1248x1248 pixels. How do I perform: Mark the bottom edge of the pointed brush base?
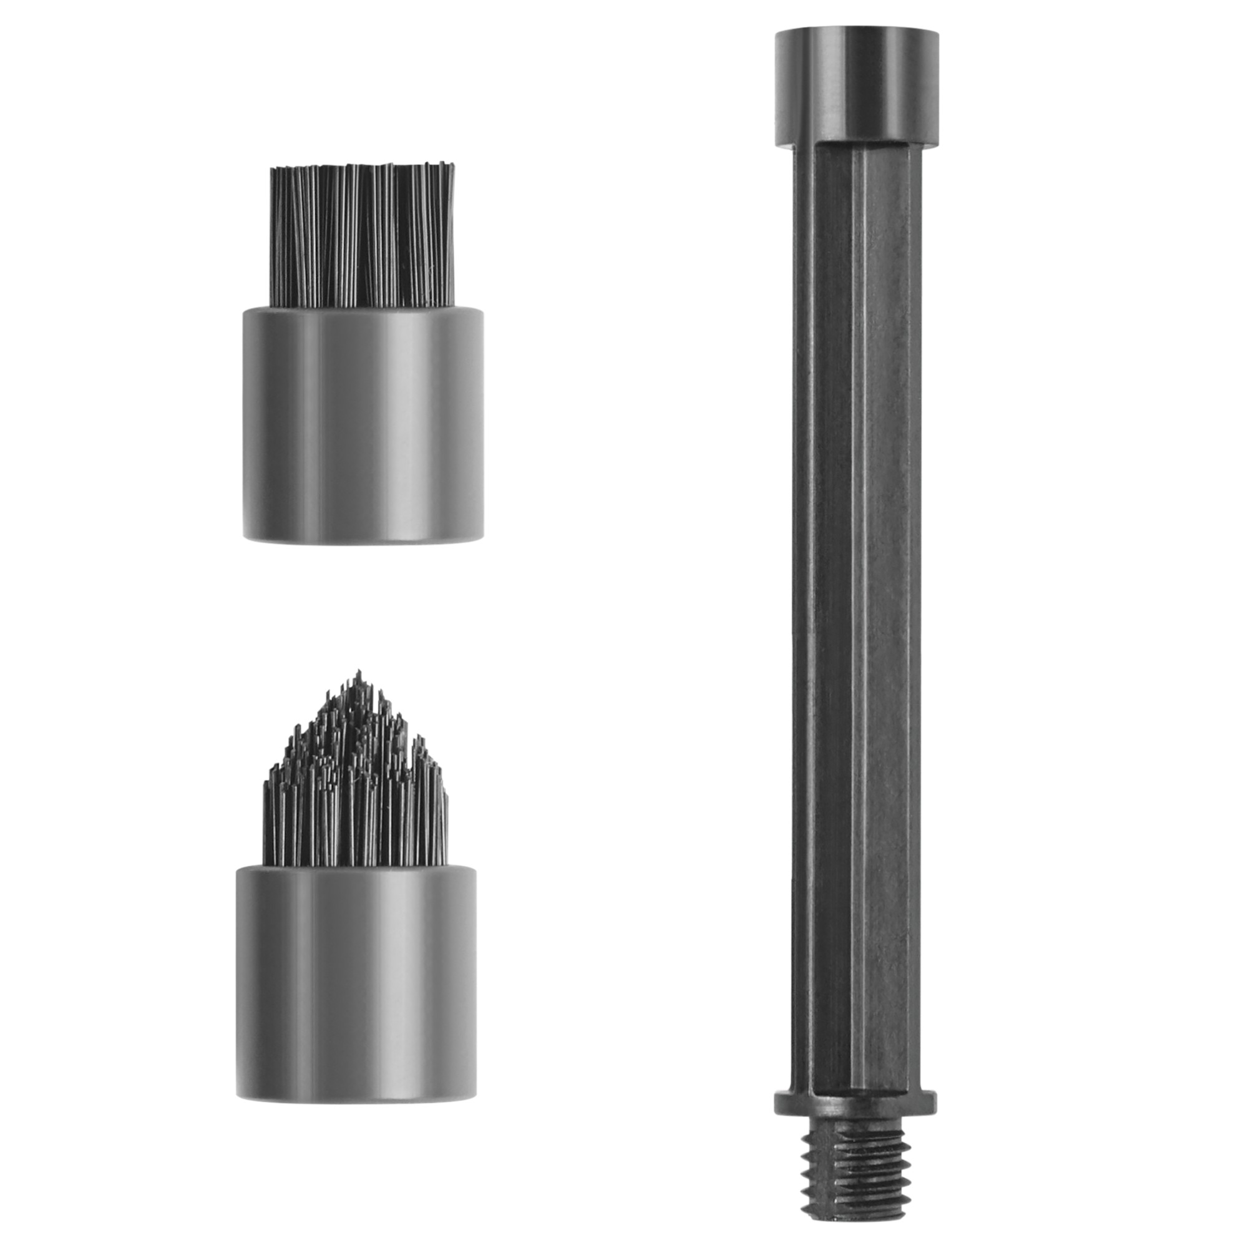coord(356,1115)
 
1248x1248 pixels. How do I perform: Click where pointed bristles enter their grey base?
coord(356,867)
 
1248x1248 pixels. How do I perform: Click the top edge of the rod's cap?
coord(856,31)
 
